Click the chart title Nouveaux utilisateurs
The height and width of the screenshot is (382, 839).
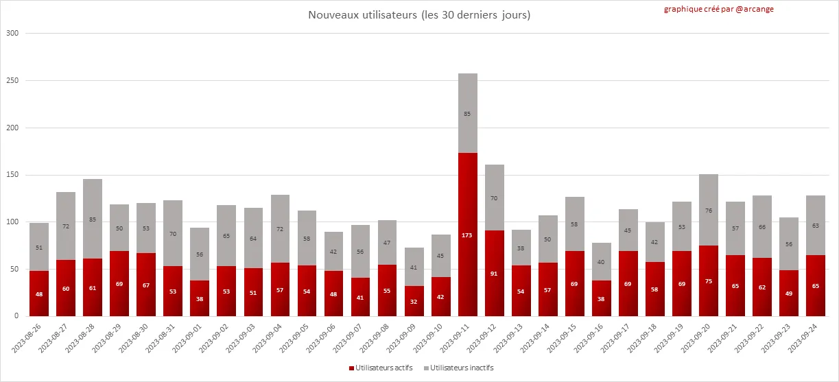click(x=419, y=14)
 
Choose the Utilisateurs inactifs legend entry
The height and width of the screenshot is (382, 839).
click(x=458, y=368)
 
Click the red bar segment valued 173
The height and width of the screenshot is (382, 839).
click(x=468, y=235)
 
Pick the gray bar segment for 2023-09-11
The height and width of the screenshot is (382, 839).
click(x=468, y=113)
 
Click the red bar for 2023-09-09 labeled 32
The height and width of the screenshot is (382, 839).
click(x=414, y=301)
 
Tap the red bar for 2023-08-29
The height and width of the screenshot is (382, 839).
click(x=119, y=283)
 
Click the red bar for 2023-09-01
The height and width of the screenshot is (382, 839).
click(x=200, y=298)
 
